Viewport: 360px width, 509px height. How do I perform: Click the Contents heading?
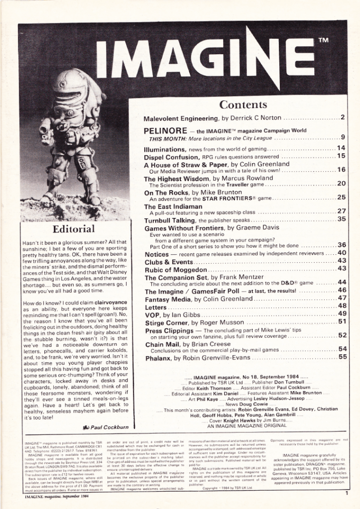(244, 104)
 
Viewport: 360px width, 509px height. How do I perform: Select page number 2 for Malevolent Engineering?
(343, 118)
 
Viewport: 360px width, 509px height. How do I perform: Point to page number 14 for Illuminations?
(341, 148)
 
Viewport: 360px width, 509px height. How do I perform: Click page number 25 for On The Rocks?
(341, 198)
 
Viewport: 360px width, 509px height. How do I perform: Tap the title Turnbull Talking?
(170, 219)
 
